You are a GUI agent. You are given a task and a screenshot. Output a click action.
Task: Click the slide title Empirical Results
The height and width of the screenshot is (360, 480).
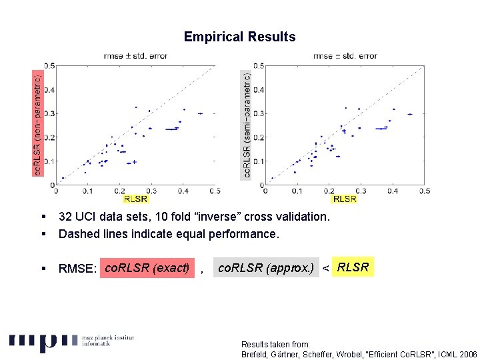(x=239, y=37)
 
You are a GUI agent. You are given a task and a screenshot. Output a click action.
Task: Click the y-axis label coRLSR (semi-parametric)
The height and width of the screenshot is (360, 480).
(x=247, y=125)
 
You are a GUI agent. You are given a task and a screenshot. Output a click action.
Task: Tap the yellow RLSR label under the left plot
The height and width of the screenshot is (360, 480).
(x=135, y=199)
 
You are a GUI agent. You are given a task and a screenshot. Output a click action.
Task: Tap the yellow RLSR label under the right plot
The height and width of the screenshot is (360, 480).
(x=345, y=199)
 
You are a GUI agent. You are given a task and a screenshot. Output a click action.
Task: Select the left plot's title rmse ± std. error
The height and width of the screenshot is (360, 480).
(x=135, y=56)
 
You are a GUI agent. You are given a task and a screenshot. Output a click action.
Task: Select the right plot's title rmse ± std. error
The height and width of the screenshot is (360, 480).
(x=345, y=56)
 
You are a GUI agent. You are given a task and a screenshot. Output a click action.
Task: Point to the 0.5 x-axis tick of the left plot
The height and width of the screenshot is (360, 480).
(x=215, y=191)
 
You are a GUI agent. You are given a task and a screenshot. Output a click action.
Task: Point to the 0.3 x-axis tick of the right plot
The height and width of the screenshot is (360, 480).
(x=361, y=191)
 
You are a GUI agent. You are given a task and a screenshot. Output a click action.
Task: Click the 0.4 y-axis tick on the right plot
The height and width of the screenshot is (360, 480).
(x=259, y=90)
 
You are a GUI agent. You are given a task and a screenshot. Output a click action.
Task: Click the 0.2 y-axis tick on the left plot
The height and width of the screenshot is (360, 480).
(x=49, y=137)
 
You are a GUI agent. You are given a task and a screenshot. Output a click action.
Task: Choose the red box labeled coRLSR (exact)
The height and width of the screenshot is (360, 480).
(x=147, y=269)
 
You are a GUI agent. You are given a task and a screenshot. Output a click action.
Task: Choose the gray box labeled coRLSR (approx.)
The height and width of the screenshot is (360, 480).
(x=266, y=269)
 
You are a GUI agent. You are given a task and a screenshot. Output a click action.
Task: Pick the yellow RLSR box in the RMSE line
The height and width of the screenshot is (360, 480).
(x=353, y=267)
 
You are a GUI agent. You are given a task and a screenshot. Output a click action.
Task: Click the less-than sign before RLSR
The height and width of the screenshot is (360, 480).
(x=325, y=269)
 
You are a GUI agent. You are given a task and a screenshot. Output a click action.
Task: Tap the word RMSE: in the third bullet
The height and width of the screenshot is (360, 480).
(x=78, y=269)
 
